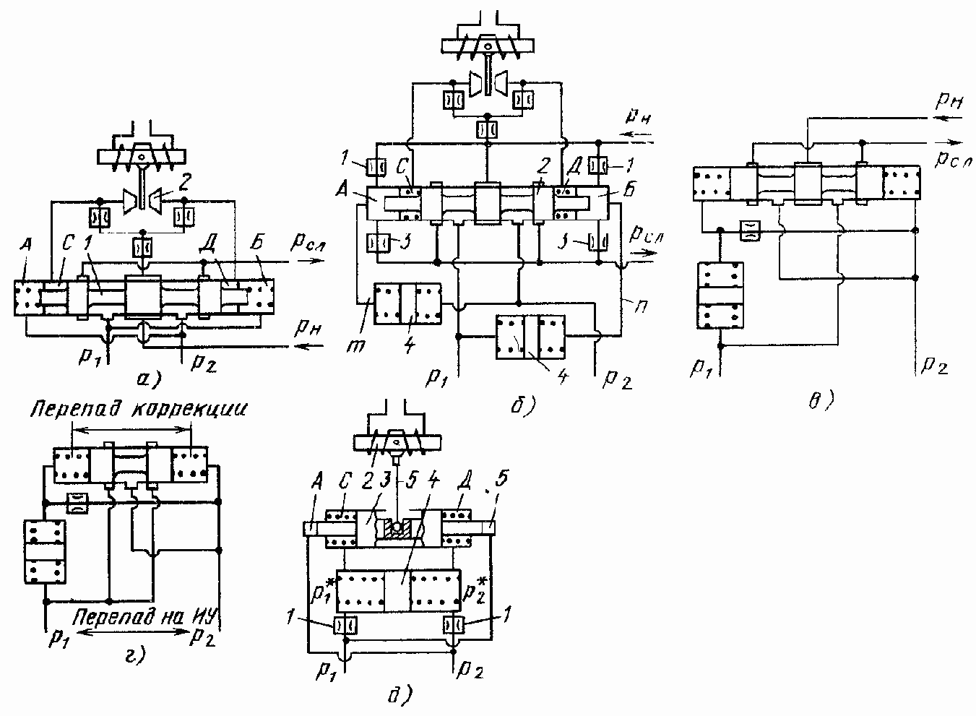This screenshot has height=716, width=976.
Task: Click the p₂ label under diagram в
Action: click(x=933, y=366)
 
